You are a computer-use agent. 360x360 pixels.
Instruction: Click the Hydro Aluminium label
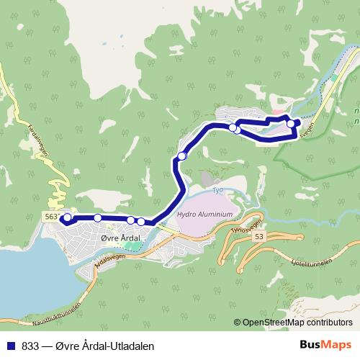(205, 215)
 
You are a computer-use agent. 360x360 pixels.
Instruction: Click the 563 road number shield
(50, 215)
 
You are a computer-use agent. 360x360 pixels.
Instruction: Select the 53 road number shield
(259, 236)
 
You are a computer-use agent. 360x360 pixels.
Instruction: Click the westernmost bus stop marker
(68, 217)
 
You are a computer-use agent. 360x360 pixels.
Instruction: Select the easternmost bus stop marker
(291, 123)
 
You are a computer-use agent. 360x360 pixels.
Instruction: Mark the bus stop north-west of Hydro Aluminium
(182, 156)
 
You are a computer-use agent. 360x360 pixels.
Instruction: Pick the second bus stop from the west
(97, 217)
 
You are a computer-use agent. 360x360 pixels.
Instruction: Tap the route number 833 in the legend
(30, 345)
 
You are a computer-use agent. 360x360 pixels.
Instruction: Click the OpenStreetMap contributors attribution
(297, 322)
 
